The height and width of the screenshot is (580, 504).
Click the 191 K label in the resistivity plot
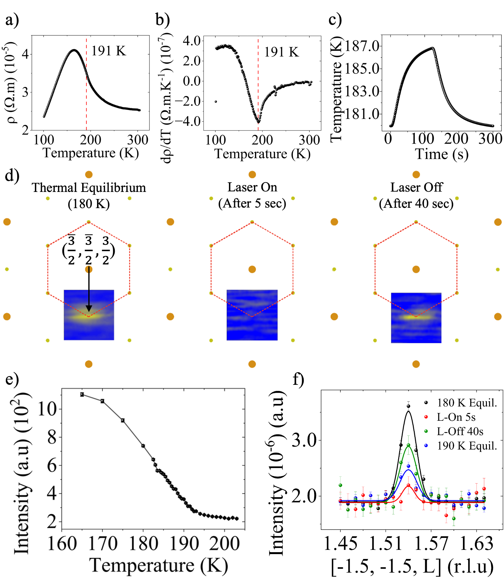tap(109, 51)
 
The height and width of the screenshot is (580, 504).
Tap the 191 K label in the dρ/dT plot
tap(281, 52)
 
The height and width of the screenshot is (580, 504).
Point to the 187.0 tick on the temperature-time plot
tap(362, 46)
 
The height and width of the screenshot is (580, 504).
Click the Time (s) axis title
tap(442, 154)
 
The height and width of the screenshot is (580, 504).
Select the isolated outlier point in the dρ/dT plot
tap(216, 102)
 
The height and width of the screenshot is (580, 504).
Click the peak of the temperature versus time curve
tap(433, 48)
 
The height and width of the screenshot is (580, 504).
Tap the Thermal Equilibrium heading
tap(89, 188)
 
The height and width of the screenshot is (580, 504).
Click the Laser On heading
tap(252, 187)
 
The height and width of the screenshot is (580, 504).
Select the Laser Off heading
tap(416, 187)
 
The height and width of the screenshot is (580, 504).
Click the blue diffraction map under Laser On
tap(252, 315)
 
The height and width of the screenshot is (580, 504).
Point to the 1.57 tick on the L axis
tap(431, 543)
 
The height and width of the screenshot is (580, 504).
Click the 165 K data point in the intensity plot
tap(82, 395)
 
